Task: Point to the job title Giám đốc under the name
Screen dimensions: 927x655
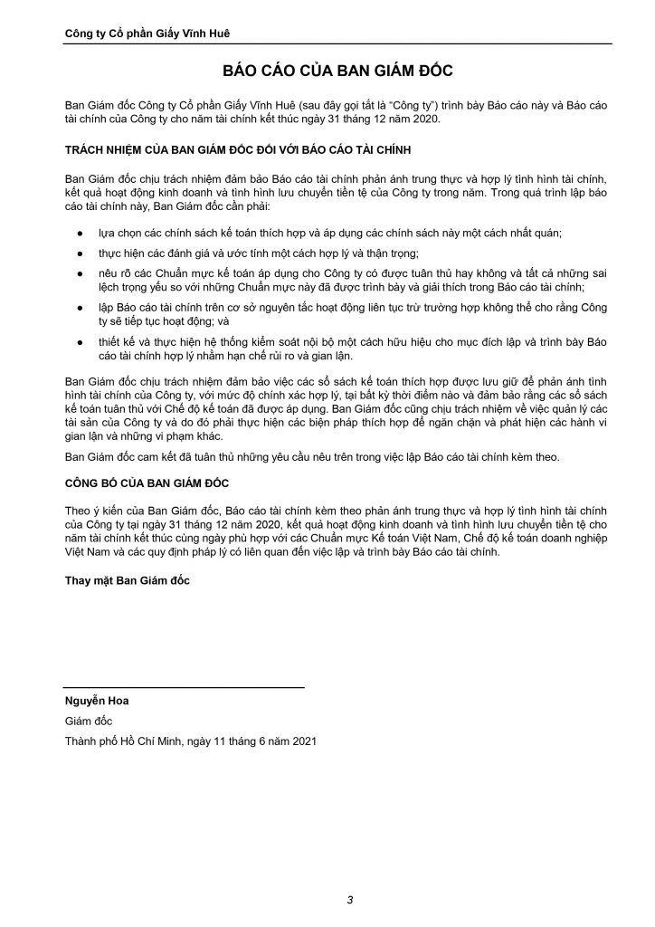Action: tap(88, 721)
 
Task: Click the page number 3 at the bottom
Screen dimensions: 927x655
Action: tap(349, 899)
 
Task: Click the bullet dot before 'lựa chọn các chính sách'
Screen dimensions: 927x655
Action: tap(81, 233)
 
